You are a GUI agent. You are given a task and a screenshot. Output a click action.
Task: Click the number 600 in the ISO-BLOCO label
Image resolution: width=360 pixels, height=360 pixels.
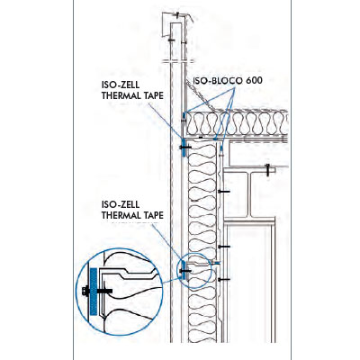[254, 80]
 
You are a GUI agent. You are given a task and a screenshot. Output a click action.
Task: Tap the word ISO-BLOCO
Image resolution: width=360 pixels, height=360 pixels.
[218, 80]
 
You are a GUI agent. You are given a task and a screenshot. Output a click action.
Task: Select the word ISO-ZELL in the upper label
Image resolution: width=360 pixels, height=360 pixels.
[121, 85]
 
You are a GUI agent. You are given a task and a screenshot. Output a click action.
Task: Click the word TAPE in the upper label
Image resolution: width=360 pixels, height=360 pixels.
[152, 95]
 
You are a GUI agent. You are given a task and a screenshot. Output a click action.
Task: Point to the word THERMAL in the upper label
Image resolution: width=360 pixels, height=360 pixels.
[121, 95]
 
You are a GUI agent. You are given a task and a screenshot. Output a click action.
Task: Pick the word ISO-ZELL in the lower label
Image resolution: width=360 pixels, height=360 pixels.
[121, 204]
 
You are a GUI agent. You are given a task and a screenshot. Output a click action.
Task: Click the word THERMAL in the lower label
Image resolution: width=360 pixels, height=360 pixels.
[121, 215]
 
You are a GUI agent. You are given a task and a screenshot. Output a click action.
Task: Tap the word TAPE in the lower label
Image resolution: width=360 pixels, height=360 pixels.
[152, 215]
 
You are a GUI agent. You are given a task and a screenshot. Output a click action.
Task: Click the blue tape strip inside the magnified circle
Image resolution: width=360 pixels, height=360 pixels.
[94, 292]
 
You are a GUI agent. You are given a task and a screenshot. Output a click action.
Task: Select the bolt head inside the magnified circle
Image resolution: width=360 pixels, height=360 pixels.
[85, 291]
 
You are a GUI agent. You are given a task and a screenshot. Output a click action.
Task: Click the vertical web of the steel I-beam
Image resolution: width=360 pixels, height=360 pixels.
[249, 194]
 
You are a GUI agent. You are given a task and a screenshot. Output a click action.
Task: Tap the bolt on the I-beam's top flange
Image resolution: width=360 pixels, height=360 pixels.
[268, 170]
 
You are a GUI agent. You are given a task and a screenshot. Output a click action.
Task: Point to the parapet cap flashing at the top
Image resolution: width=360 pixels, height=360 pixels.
[177, 24]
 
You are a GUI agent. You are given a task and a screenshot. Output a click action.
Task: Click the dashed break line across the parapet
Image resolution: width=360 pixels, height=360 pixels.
[177, 61]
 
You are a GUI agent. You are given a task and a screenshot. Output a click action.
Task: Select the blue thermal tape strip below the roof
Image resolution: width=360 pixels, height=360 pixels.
[184, 148]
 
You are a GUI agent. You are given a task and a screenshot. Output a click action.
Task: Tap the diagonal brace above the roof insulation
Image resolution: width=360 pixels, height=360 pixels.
[201, 97]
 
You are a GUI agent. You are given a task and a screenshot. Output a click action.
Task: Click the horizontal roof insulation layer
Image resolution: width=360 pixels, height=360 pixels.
[237, 123]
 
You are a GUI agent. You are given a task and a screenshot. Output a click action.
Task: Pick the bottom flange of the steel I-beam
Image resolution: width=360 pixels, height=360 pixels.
[249, 219]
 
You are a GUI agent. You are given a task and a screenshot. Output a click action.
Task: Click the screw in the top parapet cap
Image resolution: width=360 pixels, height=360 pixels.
[177, 14]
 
